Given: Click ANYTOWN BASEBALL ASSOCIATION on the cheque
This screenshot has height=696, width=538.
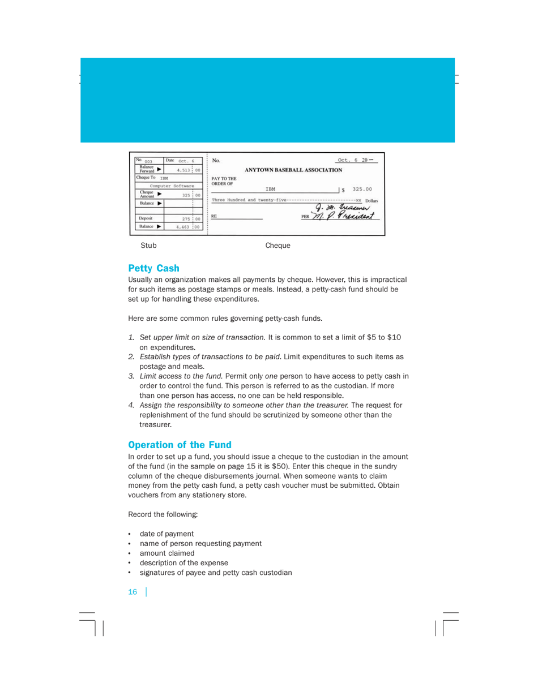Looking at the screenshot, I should pyautogui.click(x=294, y=170).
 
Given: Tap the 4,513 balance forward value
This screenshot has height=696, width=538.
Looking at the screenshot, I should pyautogui.click(x=180, y=170).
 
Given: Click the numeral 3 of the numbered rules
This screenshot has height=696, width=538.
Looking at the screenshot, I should pyautogui.click(x=131, y=376).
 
